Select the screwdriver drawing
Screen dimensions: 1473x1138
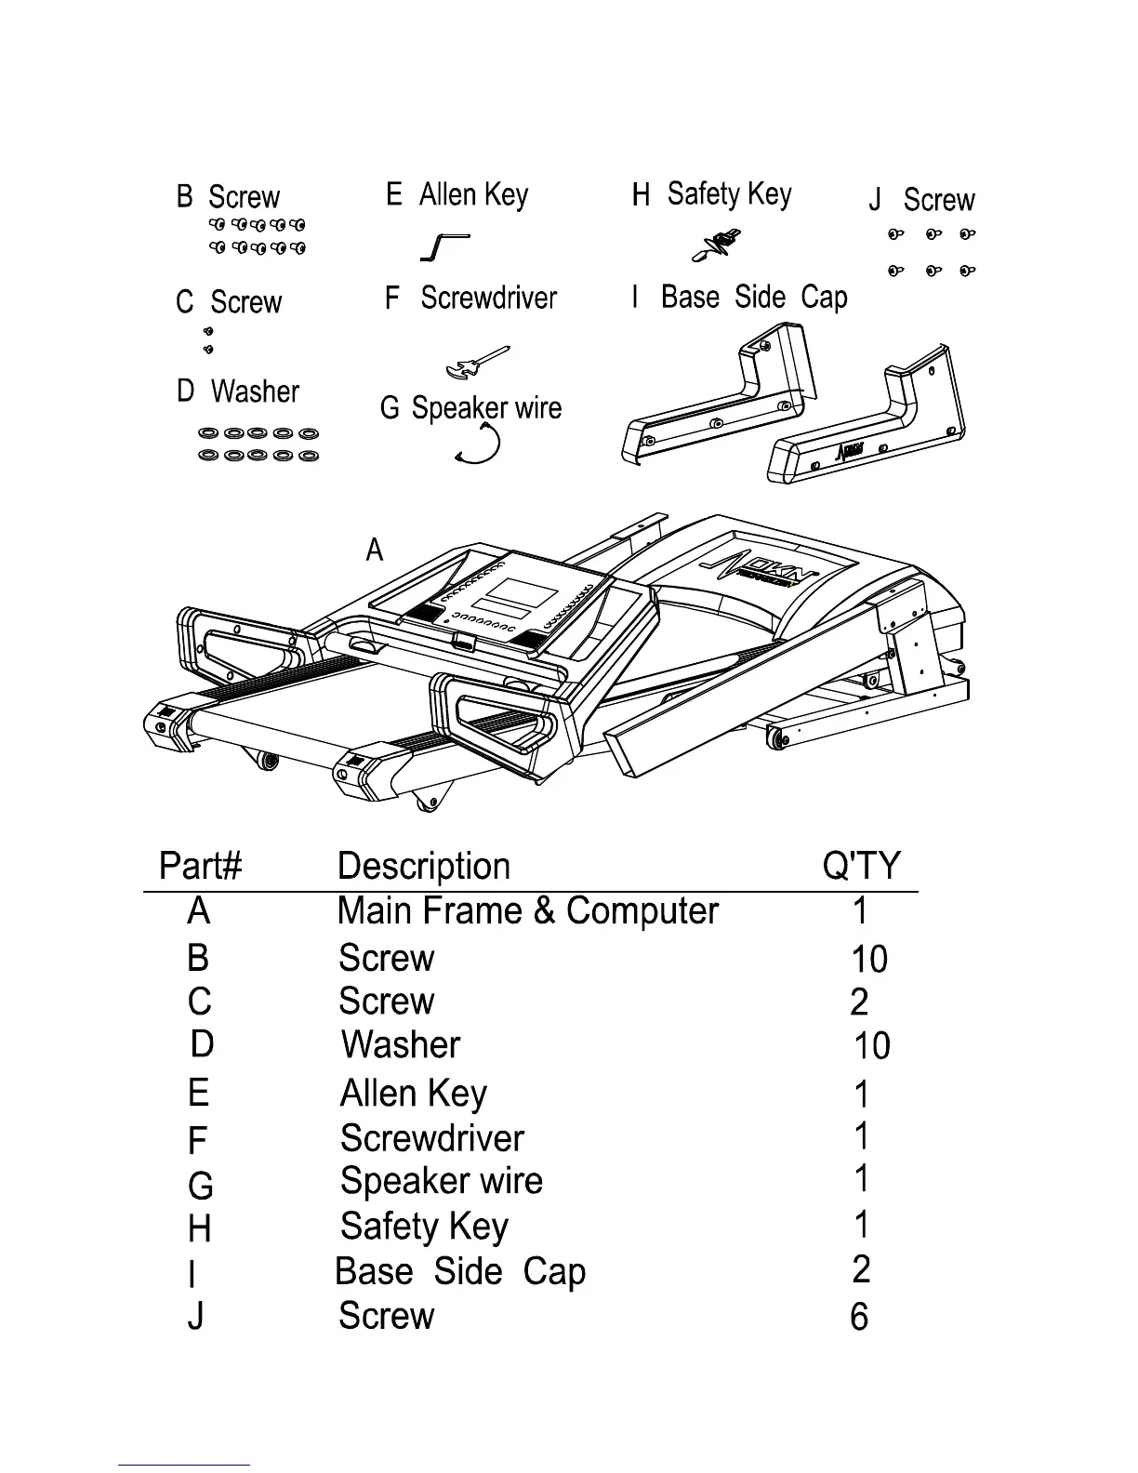click(x=477, y=364)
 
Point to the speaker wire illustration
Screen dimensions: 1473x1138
click(x=480, y=444)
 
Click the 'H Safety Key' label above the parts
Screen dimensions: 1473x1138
click(x=712, y=194)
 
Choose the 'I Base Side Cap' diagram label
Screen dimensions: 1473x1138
click(x=740, y=298)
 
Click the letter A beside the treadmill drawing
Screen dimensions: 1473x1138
click(x=375, y=551)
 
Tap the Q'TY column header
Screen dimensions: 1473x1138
click(x=862, y=866)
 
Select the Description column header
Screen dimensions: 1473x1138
click(x=424, y=866)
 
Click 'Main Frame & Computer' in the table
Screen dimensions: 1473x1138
click(x=527, y=911)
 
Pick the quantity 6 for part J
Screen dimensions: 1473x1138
click(x=859, y=1317)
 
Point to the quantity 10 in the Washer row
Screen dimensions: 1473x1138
click(x=871, y=1047)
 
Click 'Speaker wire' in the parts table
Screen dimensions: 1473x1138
click(x=442, y=1181)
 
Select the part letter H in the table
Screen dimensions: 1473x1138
click(x=200, y=1229)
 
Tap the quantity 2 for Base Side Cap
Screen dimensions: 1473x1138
click(x=861, y=1269)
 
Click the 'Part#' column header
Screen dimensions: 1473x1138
click(x=201, y=866)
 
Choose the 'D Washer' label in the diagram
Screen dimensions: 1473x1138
click(x=238, y=391)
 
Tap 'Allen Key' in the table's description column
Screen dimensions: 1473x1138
click(x=413, y=1094)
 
